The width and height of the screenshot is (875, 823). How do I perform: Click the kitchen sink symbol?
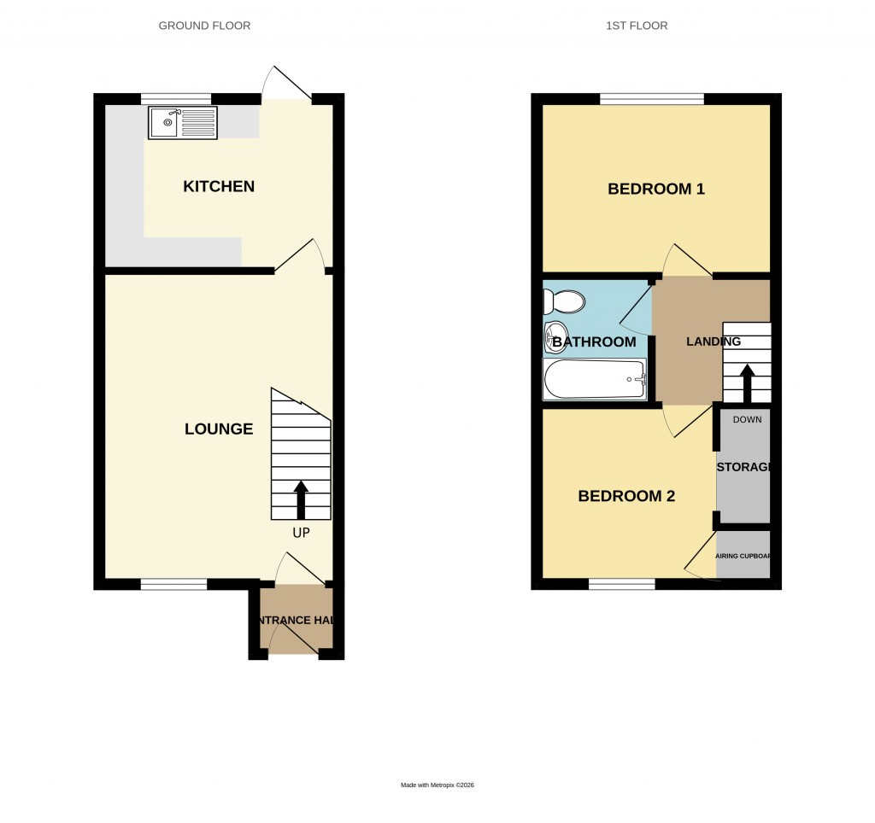pos(182,123)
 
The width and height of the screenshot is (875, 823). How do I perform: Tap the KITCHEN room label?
pos(219,186)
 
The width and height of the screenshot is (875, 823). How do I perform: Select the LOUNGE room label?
pos(219,429)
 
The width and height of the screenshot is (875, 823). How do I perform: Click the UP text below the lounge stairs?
pos(301,533)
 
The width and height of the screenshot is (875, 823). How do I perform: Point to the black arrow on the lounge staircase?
pos(301,499)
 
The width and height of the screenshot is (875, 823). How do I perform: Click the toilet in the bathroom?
pos(564,301)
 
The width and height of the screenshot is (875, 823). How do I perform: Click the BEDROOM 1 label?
pos(655,189)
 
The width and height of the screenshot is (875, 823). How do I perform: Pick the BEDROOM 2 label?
pos(626,496)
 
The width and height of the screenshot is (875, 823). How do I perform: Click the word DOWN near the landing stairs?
pos(747,419)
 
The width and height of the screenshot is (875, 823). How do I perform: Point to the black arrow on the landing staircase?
pos(747,383)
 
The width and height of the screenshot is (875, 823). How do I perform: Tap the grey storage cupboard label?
pos(744,467)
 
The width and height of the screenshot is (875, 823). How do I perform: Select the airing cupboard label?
pos(743,556)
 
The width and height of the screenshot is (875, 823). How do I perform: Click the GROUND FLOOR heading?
pos(204,26)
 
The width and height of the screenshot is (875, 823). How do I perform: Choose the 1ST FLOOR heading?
pos(637,26)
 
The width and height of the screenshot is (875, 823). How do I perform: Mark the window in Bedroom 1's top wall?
pos(652,99)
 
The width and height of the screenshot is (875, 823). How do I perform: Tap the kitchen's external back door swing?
pos(287,84)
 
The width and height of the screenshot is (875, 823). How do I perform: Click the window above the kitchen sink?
pos(176,99)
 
